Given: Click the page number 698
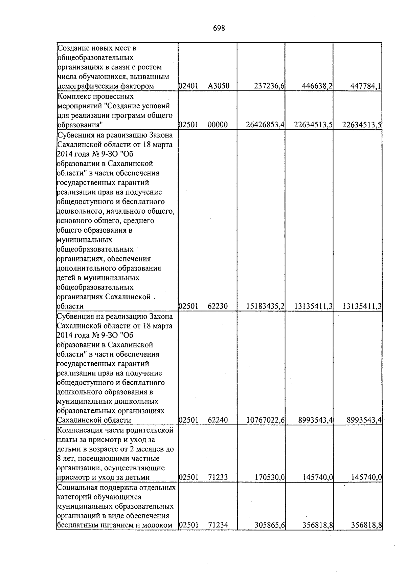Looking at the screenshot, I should tap(219, 28).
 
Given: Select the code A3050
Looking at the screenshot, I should tap(219, 86).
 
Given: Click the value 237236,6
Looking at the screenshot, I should tap(269, 86).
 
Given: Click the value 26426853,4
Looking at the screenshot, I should tap(265, 125).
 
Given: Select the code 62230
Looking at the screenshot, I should tap(218, 306).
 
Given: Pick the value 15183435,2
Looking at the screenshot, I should tap(265, 306).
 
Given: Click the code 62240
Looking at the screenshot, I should tap(218, 420).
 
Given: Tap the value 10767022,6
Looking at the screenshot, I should tap(265, 420).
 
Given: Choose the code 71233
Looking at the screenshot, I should tap(218, 477).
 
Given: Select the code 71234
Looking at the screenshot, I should tap(218, 535).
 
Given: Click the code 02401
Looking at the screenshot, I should tap(188, 86).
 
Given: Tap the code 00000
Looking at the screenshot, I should tap(218, 125).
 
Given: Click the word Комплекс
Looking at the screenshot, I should tap(71, 97).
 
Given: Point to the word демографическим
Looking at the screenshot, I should tap(87, 86).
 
